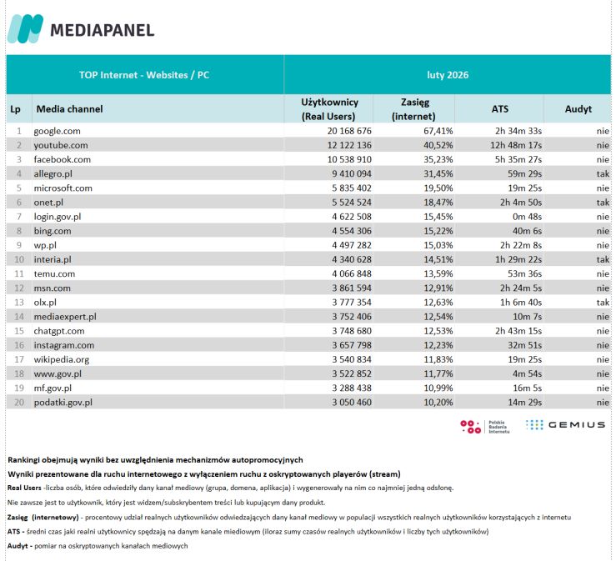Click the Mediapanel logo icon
click(25, 30)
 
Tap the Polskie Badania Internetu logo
click(487, 426)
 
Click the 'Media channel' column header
click(69, 109)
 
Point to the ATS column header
click(499, 109)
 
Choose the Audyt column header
click(578, 109)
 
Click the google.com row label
click(57, 132)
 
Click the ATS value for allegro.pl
click(524, 174)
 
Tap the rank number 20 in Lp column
click(18, 402)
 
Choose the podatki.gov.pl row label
click(63, 402)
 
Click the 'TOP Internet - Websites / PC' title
click(144, 75)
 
